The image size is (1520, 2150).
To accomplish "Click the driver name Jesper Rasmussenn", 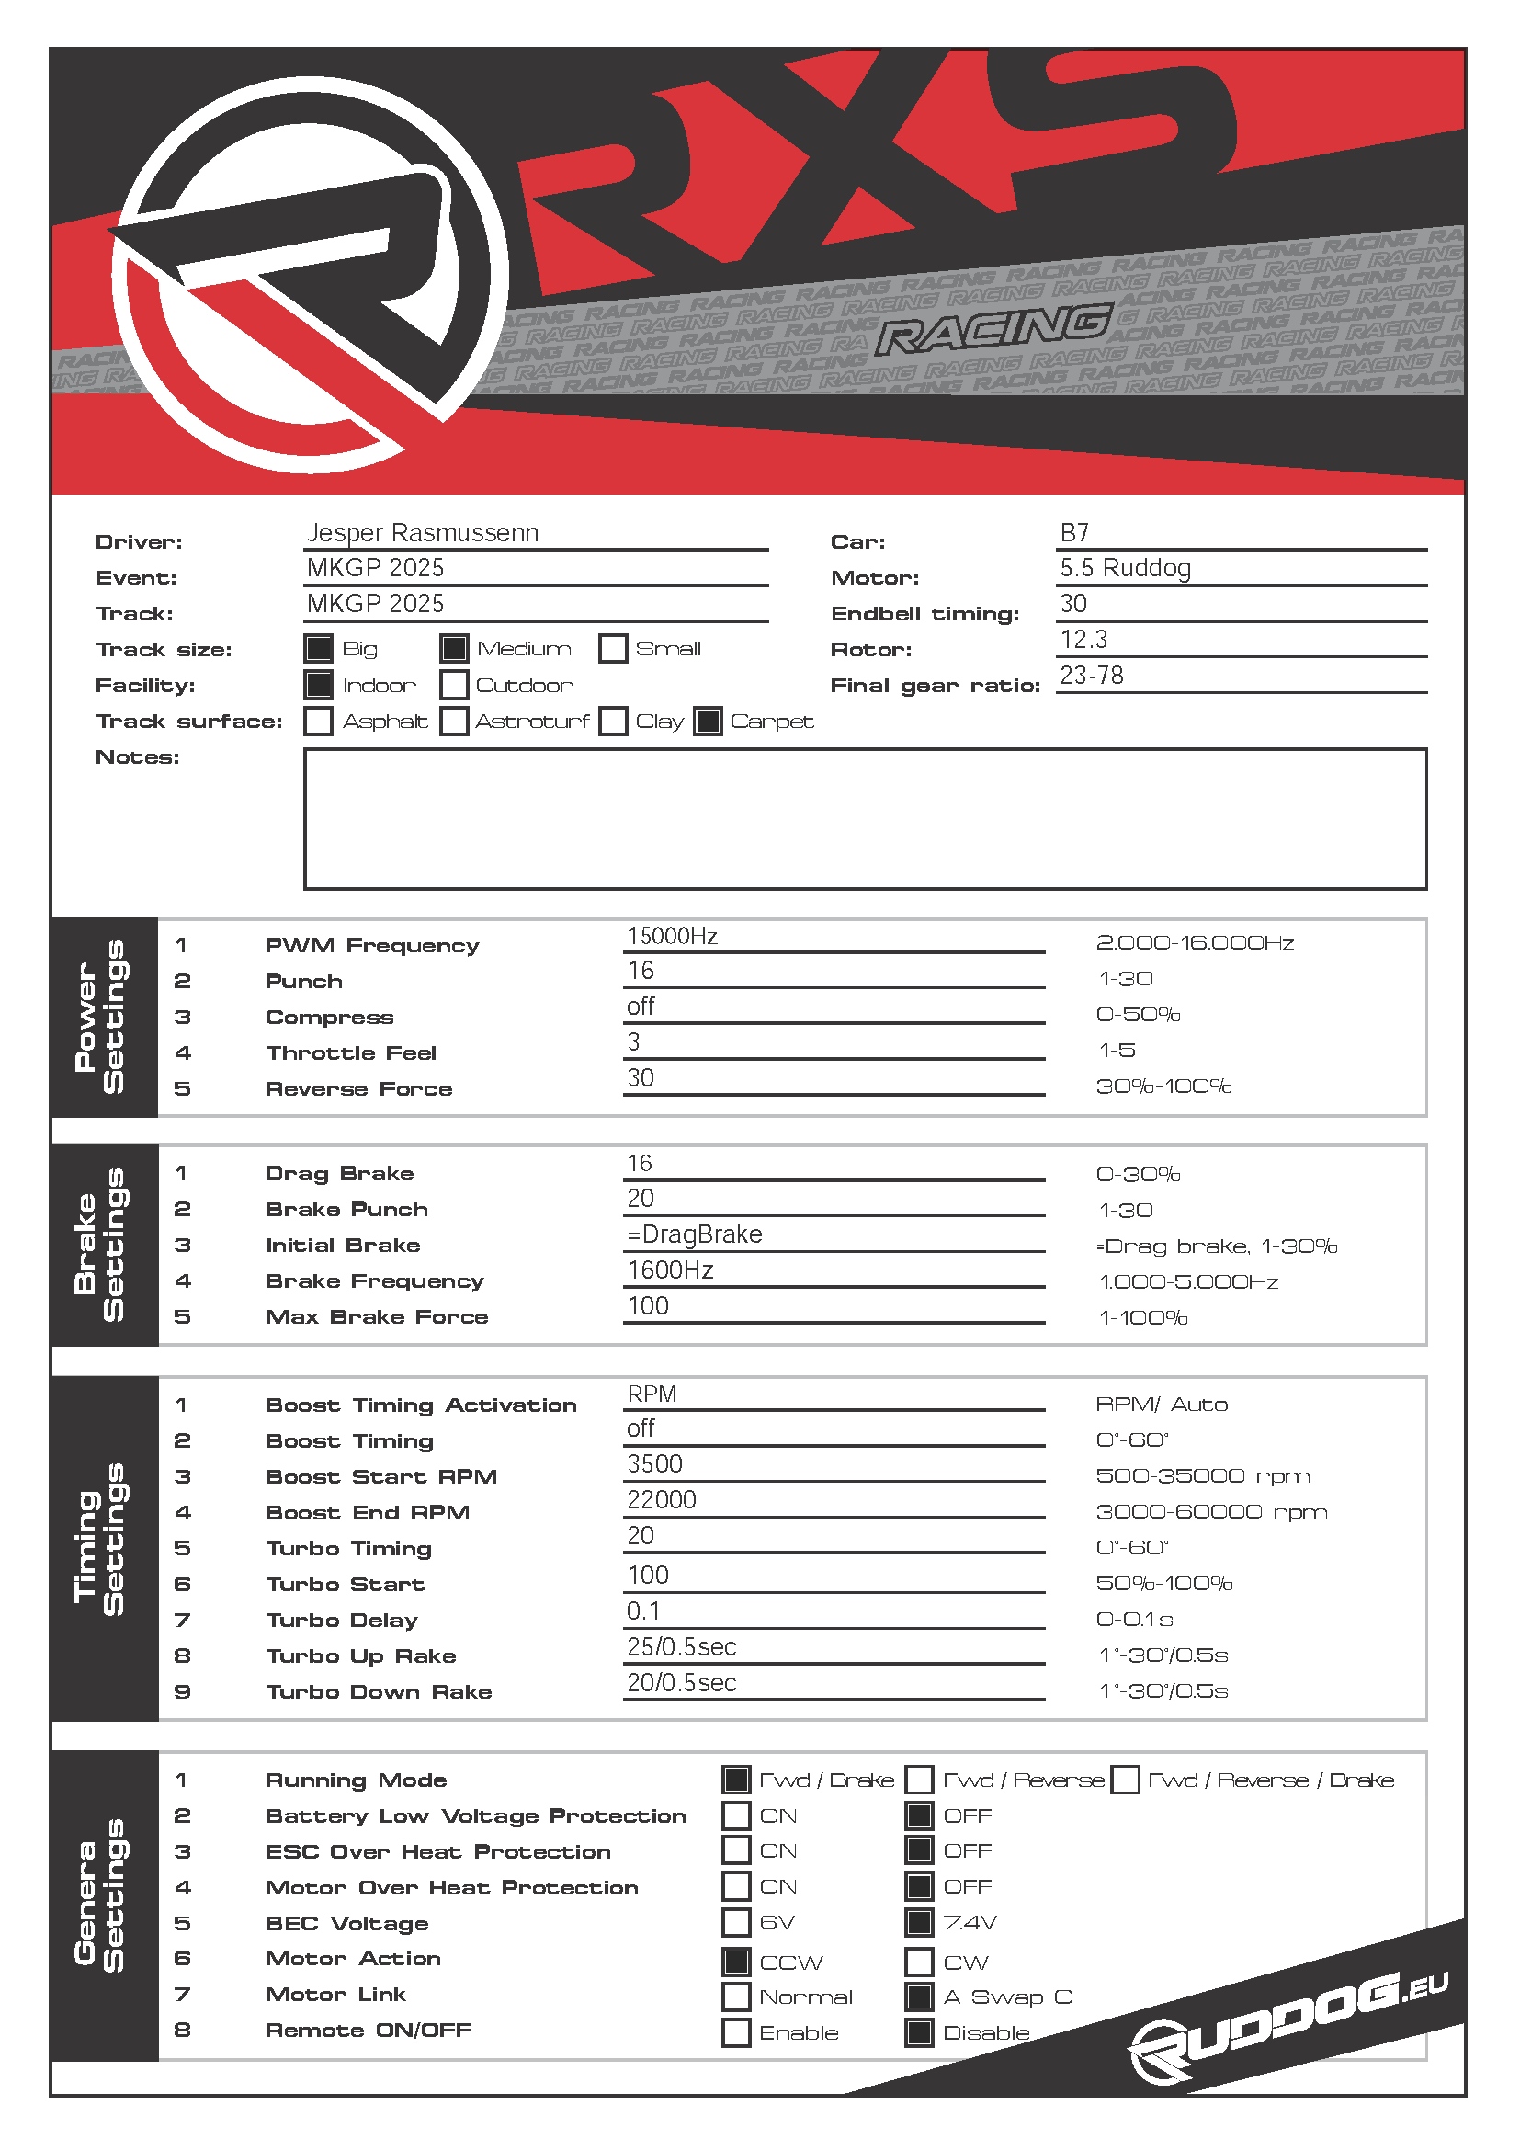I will [x=422, y=533].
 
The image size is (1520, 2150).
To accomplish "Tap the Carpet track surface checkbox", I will [x=708, y=721].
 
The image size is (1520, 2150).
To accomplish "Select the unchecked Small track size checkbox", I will [x=613, y=649].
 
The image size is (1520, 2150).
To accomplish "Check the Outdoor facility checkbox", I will [x=454, y=685].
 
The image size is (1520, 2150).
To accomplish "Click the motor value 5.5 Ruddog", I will [x=1124, y=568].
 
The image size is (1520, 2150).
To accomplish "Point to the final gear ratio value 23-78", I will [x=1092, y=676].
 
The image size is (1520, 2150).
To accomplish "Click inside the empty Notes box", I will [x=864, y=817].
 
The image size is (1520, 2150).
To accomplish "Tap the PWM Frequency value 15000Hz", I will [x=672, y=937].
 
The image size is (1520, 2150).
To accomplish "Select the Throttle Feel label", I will [x=351, y=1052].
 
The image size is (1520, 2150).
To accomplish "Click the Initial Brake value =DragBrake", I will [x=695, y=1234].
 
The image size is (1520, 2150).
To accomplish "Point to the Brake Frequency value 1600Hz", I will [x=670, y=1269].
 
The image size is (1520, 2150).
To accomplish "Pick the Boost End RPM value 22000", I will [x=662, y=1499].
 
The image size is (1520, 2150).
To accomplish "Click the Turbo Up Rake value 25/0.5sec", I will [x=681, y=1646].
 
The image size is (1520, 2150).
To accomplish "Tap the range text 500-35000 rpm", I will [x=1202, y=1476].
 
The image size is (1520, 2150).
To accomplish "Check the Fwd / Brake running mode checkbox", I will [x=737, y=1780].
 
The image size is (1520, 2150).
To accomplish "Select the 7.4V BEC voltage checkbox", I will [x=919, y=1922].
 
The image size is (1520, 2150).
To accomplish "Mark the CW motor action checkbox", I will [x=919, y=1962].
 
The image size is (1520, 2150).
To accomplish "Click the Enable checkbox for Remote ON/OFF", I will [x=737, y=2032].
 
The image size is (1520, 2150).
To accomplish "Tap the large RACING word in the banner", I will [x=995, y=329].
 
